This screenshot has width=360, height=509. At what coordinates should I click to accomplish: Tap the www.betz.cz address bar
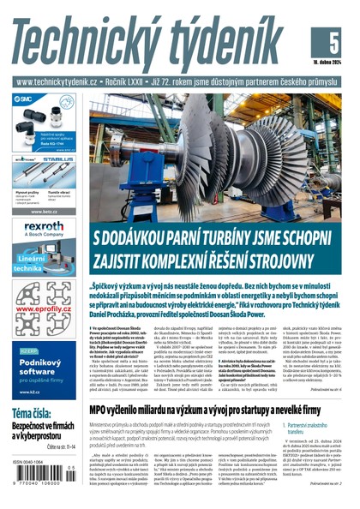pos(44,211)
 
